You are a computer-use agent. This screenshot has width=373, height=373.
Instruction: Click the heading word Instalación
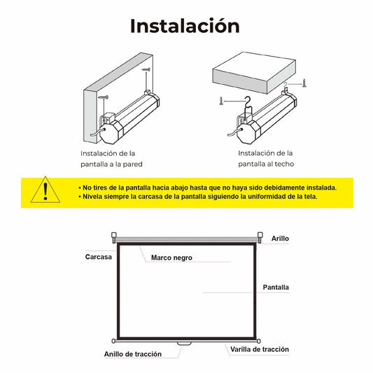pos(185,26)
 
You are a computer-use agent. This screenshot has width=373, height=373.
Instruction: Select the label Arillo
pos(280,239)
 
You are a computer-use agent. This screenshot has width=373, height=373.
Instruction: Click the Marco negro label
pos(171,258)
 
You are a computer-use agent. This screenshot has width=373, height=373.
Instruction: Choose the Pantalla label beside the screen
pos(276,287)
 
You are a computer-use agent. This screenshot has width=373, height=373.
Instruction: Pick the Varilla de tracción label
pos(259,349)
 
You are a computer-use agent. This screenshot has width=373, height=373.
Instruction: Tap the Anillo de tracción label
pos(133,354)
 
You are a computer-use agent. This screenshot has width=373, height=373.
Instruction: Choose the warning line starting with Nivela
pos(200,197)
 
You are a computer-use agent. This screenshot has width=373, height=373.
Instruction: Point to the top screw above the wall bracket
pos(147,71)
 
